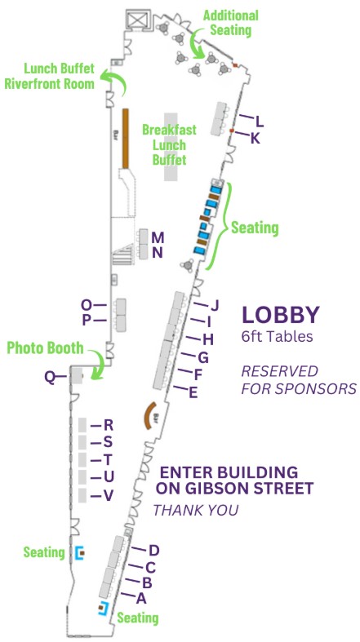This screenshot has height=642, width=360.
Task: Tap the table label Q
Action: pyautogui.click(x=50, y=376)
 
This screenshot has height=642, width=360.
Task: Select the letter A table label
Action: pyautogui.click(x=142, y=598)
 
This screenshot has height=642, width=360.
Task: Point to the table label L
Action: pyautogui.click(x=260, y=121)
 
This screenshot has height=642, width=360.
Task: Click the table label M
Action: pyautogui.click(x=158, y=237)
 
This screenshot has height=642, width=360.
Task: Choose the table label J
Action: pyautogui.click(x=216, y=306)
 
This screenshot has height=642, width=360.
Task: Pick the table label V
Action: pyautogui.click(x=108, y=496)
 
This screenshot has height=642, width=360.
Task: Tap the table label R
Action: pyautogui.click(x=108, y=424)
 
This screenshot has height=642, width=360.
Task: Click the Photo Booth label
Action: pyautogui.click(x=45, y=348)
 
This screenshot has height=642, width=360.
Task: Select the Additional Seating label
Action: pyautogui.click(x=230, y=22)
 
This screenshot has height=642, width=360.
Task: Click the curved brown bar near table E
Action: pyautogui.click(x=149, y=416)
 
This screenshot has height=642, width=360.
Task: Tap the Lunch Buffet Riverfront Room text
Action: pyautogui.click(x=50, y=76)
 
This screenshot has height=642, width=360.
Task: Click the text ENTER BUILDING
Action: pyautogui.click(x=228, y=472)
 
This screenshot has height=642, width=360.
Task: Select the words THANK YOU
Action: pyautogui.click(x=196, y=511)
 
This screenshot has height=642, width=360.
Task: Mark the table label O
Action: pyautogui.click(x=87, y=305)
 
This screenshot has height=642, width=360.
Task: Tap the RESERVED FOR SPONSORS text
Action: pyautogui.click(x=298, y=379)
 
